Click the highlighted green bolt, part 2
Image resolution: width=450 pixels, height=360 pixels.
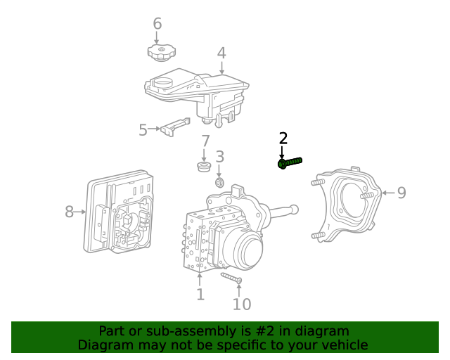point(290,163)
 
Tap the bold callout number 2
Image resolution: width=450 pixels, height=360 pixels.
point(283,139)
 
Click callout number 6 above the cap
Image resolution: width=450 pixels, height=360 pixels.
point(157,24)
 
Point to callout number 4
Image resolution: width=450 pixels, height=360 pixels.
point(221,53)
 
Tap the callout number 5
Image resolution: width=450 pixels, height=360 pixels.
point(143,130)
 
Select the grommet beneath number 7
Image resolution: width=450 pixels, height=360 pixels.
point(204,167)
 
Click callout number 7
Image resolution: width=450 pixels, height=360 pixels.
point(205,142)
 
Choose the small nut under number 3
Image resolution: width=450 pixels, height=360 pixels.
point(219,183)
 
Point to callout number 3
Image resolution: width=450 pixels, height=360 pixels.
point(219,157)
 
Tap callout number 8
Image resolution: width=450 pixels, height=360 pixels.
point(70,211)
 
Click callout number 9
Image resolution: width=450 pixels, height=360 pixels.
point(401,193)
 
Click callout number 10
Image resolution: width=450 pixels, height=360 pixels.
point(241,304)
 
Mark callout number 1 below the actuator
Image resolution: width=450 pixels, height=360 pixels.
point(200,295)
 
